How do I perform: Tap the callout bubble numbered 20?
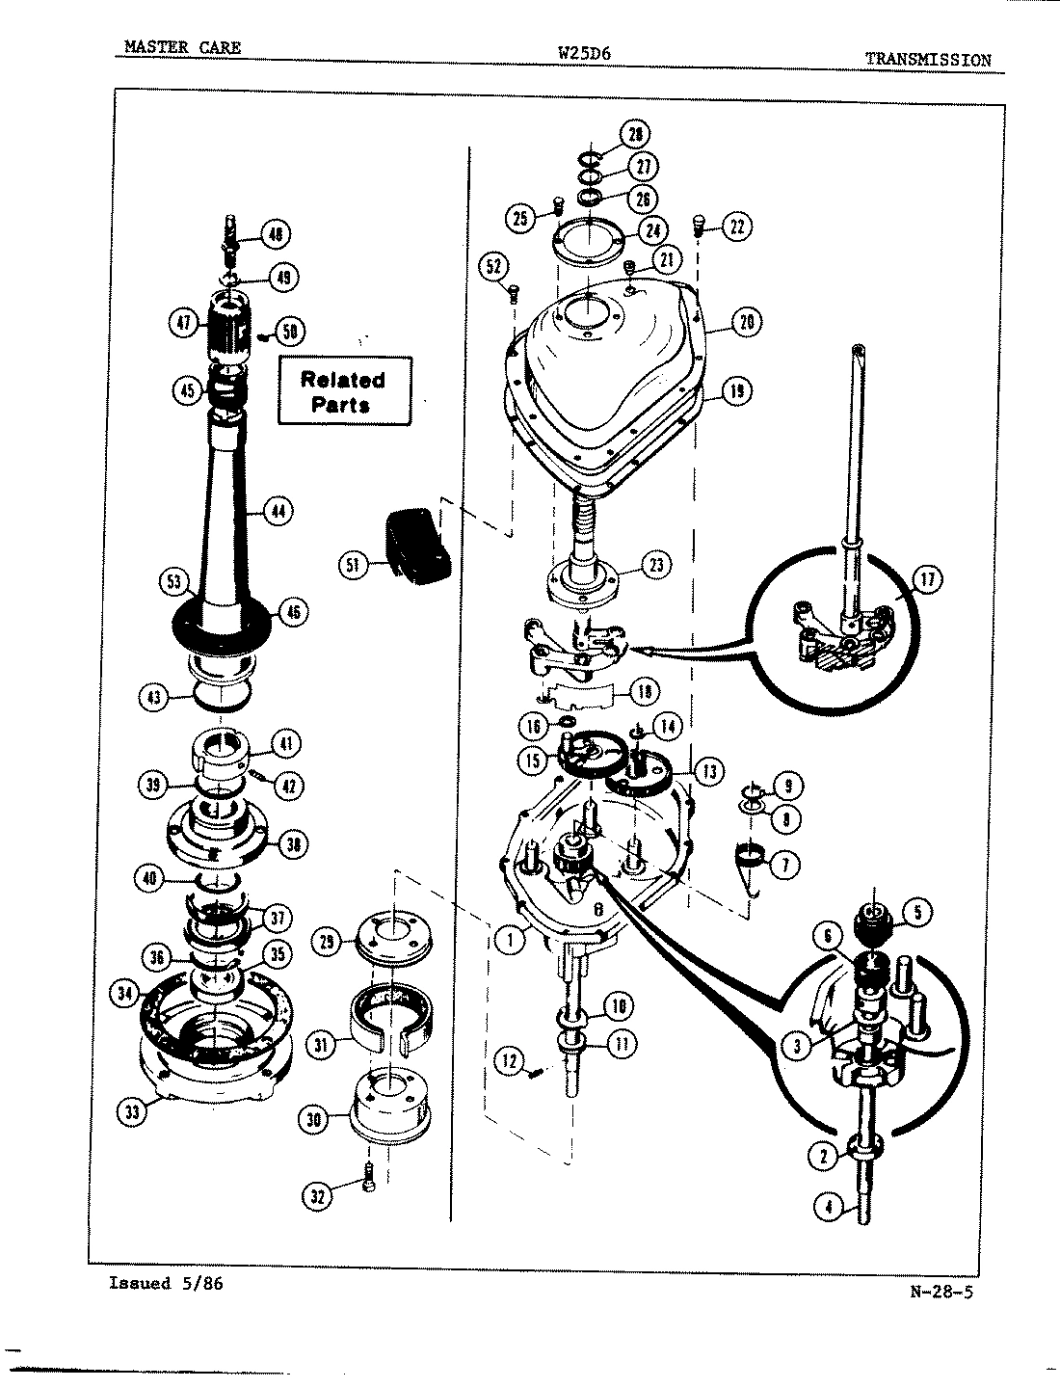point(746,323)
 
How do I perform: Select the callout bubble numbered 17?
point(927,579)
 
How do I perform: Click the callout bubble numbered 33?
point(133,1112)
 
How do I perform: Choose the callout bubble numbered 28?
point(635,133)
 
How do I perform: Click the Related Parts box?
point(343,391)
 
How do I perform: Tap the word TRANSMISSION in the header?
point(927,59)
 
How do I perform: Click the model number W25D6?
point(584,52)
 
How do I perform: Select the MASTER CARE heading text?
point(182,47)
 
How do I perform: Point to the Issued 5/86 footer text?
point(167,1283)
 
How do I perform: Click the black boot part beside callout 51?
point(419,546)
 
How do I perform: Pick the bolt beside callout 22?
point(699,228)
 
